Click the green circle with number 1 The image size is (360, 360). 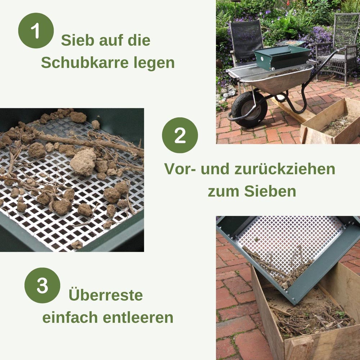36,31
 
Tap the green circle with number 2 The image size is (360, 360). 180,135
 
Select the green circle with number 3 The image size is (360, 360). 42,285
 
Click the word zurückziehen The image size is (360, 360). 285,169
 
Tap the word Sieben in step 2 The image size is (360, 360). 270,191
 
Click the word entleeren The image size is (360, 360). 138,318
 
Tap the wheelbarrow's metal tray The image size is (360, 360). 273,78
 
